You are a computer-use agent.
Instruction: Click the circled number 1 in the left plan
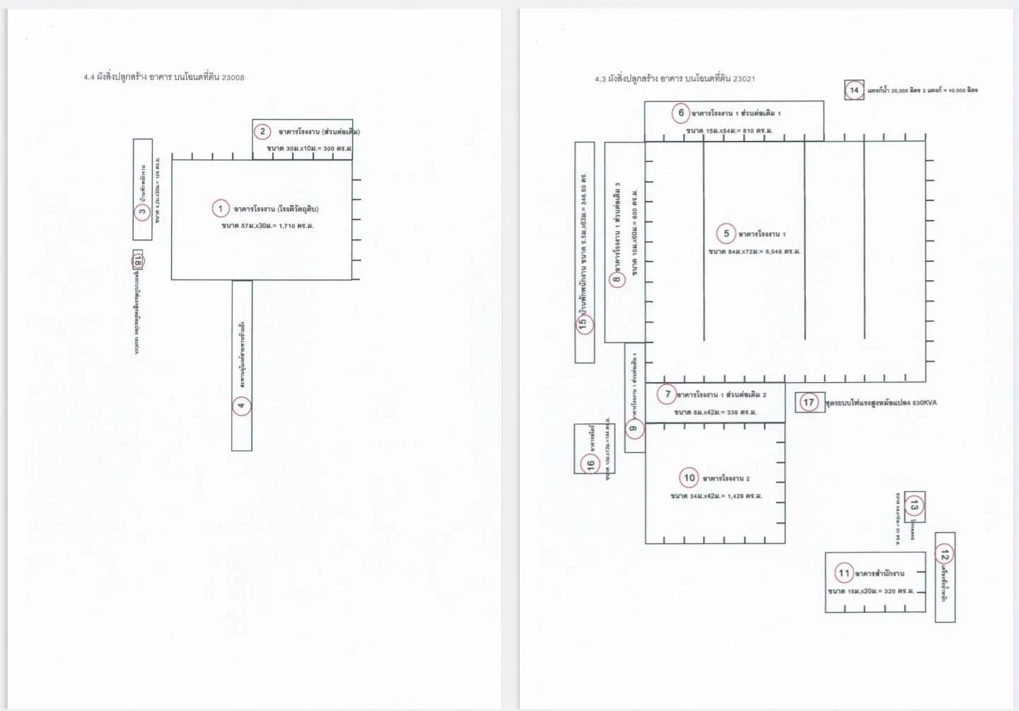point(221,209)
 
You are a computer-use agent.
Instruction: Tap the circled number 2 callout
point(262,131)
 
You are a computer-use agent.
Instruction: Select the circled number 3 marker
point(142,211)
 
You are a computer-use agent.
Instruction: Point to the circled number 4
point(241,405)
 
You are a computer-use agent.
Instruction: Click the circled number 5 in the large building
point(726,233)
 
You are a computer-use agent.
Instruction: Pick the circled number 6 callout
point(681,112)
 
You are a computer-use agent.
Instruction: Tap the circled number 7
point(667,394)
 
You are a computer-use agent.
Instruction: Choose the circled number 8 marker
point(617,279)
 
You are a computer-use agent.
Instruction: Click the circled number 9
point(634,428)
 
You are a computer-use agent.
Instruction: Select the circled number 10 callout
point(689,478)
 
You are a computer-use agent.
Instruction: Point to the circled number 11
point(844,572)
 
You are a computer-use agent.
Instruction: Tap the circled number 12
point(945,553)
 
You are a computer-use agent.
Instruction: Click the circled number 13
point(914,505)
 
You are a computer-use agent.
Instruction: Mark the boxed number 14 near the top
point(854,90)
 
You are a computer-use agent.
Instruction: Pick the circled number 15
point(583,323)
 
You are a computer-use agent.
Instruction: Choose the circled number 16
point(590,464)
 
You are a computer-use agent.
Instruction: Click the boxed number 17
point(809,402)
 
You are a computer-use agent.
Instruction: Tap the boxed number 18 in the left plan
point(137,261)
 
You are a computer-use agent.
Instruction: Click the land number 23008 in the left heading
point(233,77)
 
